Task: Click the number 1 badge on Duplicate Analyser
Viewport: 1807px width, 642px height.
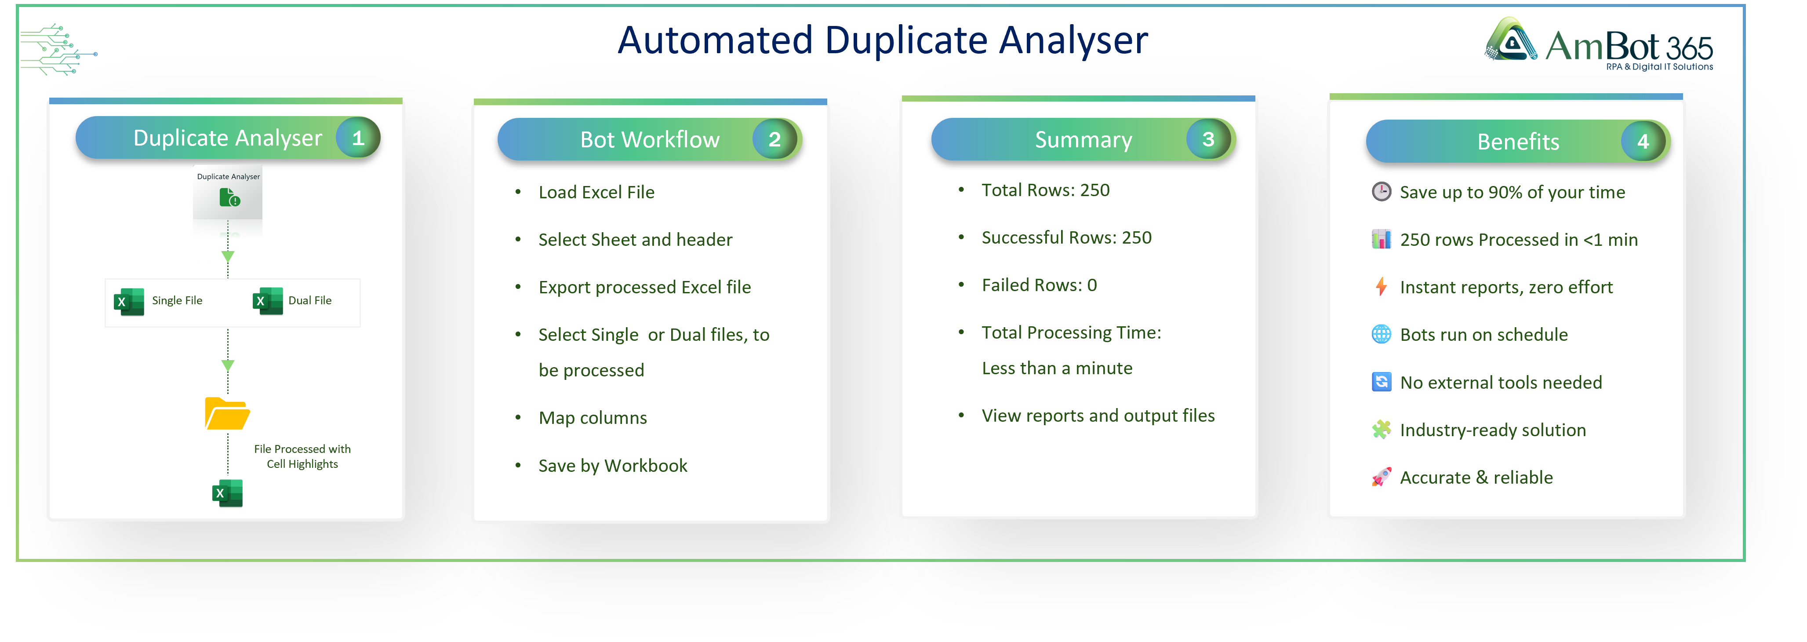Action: pyautogui.click(x=358, y=138)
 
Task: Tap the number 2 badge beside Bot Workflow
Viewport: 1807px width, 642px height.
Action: pyautogui.click(x=774, y=140)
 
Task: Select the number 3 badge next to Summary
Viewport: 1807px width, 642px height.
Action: pyautogui.click(x=1208, y=140)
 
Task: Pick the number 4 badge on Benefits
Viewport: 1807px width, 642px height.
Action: pyautogui.click(x=1643, y=142)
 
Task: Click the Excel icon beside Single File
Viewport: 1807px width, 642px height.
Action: pyautogui.click(x=129, y=302)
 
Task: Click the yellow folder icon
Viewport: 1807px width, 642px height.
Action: pyautogui.click(x=226, y=413)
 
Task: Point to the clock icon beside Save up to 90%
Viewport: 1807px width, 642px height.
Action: pyautogui.click(x=1381, y=192)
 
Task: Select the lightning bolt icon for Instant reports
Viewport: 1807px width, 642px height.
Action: pyautogui.click(x=1381, y=286)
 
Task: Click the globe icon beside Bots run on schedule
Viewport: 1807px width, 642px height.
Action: pyautogui.click(x=1381, y=334)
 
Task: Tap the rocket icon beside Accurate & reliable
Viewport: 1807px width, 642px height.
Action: pyautogui.click(x=1381, y=477)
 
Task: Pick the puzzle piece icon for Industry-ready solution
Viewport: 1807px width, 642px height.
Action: pyautogui.click(x=1381, y=430)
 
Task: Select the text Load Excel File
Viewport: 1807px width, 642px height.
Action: pyautogui.click(x=596, y=192)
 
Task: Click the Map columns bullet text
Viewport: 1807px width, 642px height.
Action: pyautogui.click(x=593, y=418)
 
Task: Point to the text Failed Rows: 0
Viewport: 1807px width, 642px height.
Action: pyautogui.click(x=1039, y=285)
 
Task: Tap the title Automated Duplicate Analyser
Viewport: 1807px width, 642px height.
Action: pyautogui.click(x=883, y=40)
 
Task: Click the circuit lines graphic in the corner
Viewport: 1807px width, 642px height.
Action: pyautogui.click(x=58, y=50)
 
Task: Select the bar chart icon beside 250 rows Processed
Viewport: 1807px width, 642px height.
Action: pyautogui.click(x=1381, y=239)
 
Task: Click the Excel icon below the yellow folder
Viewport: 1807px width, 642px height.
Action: pyautogui.click(x=227, y=493)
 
